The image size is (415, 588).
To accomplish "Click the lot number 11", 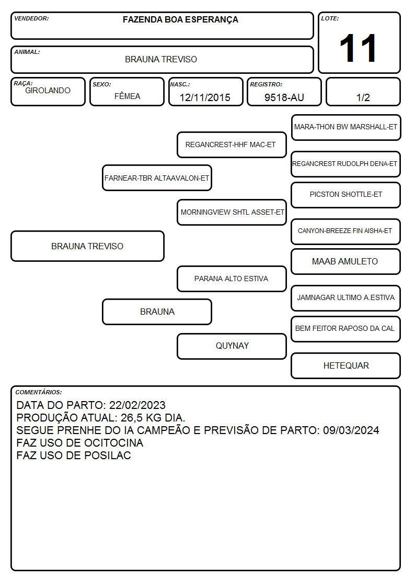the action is point(358,48).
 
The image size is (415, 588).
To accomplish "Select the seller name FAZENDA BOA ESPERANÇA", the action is point(180,20).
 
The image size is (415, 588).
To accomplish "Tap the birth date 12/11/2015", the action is point(205,97).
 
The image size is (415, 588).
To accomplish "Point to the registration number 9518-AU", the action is point(284,97).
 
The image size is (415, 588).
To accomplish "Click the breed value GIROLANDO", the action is point(48,91).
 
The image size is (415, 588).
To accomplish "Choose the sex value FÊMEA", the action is point(127,96).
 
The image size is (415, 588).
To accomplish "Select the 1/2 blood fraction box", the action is point(363,92).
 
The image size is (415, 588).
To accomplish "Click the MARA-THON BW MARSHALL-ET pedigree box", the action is point(346,128).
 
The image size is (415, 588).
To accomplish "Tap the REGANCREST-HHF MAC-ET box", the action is point(232,145).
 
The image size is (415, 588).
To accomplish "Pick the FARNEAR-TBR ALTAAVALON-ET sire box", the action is point(157,177).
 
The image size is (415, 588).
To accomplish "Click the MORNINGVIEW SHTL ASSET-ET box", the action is point(232,212).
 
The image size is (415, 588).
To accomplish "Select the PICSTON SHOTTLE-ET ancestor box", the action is point(346,195).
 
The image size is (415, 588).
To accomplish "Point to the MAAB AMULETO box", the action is point(346,261).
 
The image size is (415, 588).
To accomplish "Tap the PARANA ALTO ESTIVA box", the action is point(232,279).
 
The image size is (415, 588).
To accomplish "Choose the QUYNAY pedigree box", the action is point(232,346).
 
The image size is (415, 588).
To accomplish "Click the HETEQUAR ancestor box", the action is point(346,365).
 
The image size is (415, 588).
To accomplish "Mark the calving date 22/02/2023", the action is point(137,405).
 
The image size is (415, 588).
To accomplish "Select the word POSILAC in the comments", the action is point(107,455).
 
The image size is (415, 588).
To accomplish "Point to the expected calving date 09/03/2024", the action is point(351,430).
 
